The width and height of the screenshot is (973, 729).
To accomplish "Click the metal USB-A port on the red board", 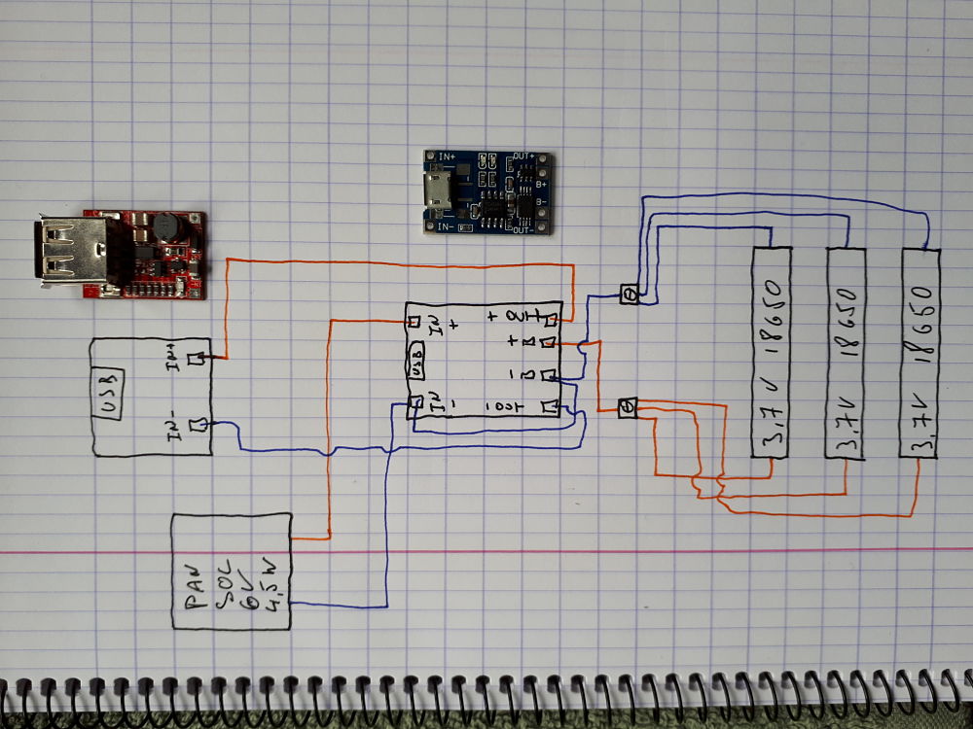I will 73,250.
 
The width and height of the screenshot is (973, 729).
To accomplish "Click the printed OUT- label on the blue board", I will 523,229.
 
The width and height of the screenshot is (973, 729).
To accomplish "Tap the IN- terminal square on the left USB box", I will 200,425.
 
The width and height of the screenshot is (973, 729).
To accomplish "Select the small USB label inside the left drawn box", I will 107,396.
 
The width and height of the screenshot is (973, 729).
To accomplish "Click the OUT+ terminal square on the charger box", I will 551,320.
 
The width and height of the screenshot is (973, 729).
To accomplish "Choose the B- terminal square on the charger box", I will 550,374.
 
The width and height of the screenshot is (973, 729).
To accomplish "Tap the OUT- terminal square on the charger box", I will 550,407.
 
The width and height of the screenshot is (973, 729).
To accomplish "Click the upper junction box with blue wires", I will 630,294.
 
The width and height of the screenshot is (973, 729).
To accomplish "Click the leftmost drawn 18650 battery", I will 772,352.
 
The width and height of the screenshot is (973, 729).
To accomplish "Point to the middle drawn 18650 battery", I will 845,352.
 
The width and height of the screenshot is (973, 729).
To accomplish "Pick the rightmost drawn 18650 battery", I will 919,352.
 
